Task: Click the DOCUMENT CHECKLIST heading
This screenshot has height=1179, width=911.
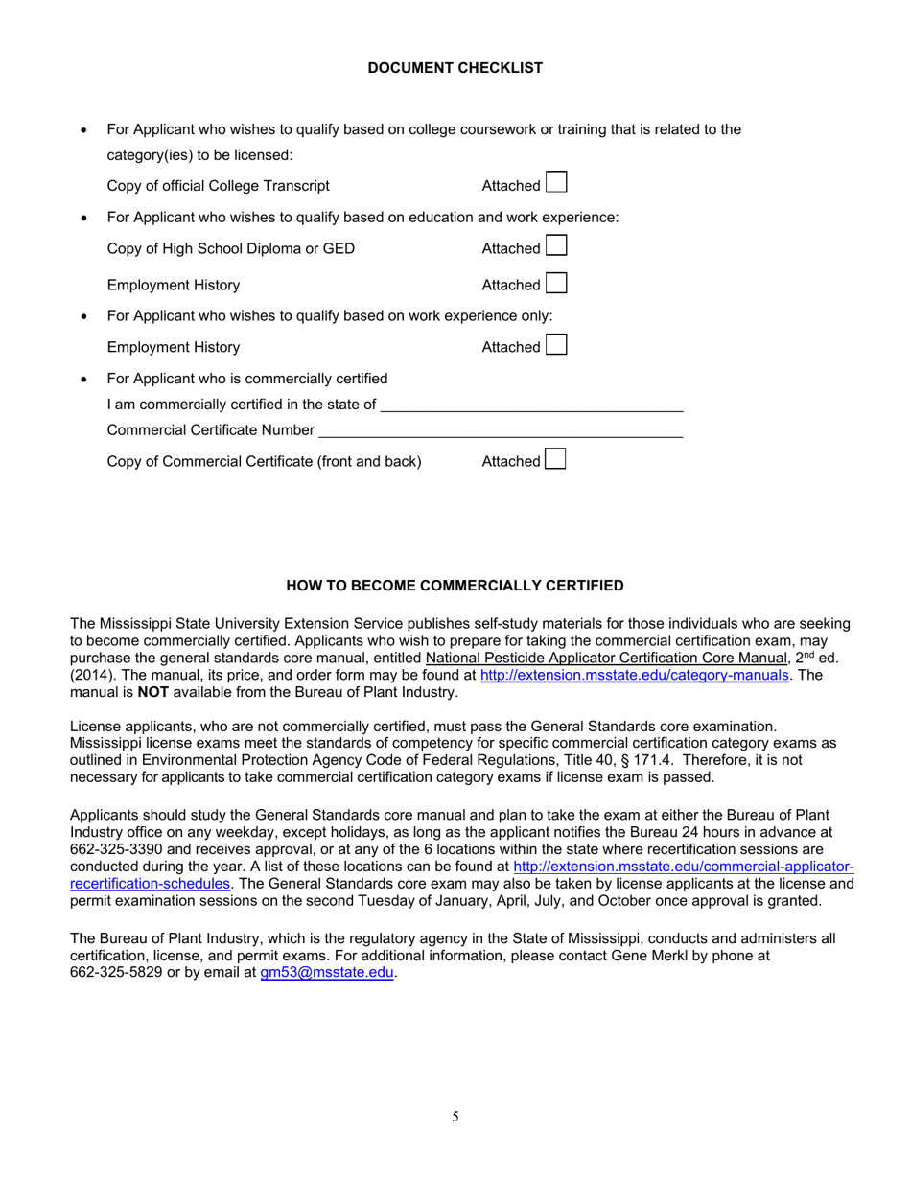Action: tap(455, 68)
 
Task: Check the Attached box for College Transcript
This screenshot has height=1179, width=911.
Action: tap(556, 182)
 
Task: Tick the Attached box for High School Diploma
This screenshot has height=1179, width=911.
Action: tap(556, 246)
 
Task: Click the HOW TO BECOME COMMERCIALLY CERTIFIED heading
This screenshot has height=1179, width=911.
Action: tap(455, 586)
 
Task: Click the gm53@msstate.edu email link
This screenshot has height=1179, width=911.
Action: tap(327, 973)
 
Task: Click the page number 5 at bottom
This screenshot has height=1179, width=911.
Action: tap(455, 1117)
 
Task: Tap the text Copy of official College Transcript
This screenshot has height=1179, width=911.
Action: tap(218, 186)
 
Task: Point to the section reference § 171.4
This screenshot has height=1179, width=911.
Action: tap(639, 760)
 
